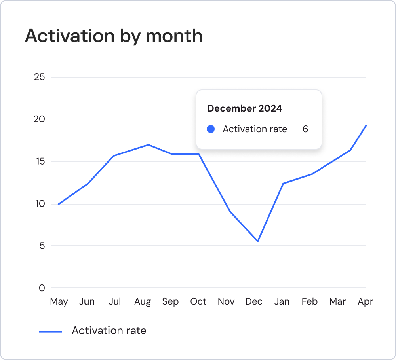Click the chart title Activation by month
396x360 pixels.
pos(114,36)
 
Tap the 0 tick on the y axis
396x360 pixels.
pos(42,288)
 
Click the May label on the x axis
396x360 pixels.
pos(59,301)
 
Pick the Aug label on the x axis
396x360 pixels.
pos(143,301)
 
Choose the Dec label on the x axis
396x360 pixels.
pos(254,301)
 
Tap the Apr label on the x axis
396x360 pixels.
pos(365,301)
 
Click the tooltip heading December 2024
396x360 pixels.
pos(245,108)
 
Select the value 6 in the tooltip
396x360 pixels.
pos(305,129)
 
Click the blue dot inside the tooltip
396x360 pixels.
pos(211,129)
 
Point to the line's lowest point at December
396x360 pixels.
pos(257,241)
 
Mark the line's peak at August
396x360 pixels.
pos(148,144)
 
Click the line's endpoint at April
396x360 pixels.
pos(366,125)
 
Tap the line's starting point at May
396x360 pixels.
pos(59,204)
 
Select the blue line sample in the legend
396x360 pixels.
pos(51,332)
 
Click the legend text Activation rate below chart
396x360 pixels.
pos(109,331)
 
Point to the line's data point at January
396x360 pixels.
pos(283,183)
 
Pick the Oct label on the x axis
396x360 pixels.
pos(198,301)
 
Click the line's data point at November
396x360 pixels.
pos(230,212)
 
